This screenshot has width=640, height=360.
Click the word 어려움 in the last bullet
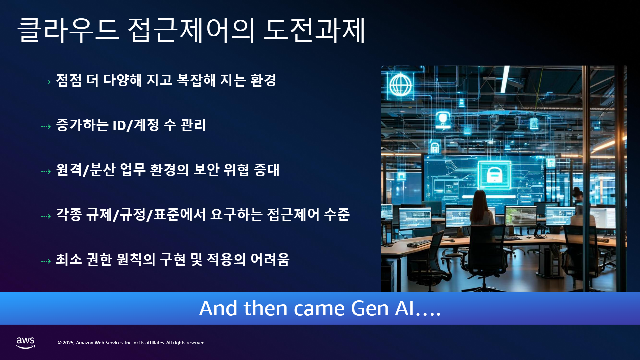point(270,259)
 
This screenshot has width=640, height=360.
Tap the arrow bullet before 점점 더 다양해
point(46,82)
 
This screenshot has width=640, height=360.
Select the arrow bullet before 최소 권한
point(46,261)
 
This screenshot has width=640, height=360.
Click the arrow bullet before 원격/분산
point(46,172)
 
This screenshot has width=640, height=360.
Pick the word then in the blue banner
point(266,308)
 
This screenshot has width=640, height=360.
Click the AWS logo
point(26,343)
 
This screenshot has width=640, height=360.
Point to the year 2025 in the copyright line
point(68,343)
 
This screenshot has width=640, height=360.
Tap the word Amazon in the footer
point(85,343)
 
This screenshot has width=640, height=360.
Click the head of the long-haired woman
point(480,198)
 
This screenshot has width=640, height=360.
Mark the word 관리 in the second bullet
point(193,125)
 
